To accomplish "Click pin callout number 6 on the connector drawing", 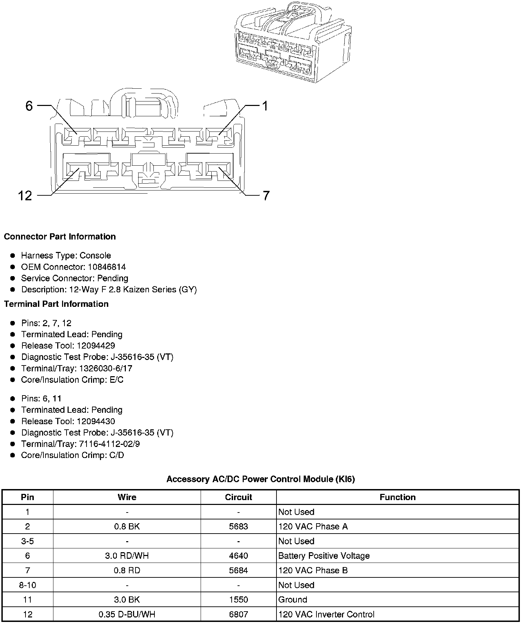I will tap(29, 106).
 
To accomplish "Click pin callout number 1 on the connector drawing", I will tap(265, 106).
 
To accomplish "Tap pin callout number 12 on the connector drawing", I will tap(25, 196).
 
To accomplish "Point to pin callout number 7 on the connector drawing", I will tap(266, 196).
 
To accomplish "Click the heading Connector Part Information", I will tap(60, 237).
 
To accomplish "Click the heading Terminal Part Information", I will tap(56, 304).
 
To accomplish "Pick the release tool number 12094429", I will tap(96, 346).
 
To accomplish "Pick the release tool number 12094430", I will tap(96, 421).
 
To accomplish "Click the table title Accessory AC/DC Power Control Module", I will tap(261, 479).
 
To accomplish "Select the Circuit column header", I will tap(238, 497).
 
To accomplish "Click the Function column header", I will tap(397, 497).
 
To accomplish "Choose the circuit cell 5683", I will tap(238, 527).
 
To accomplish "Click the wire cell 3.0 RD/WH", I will tap(127, 556).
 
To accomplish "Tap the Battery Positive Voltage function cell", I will tap(324, 556).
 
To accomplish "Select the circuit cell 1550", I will tap(238, 600).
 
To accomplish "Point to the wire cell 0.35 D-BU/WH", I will tap(127, 615).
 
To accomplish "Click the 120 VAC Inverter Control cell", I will tap(326, 615).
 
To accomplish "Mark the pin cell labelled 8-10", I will tap(28, 585).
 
